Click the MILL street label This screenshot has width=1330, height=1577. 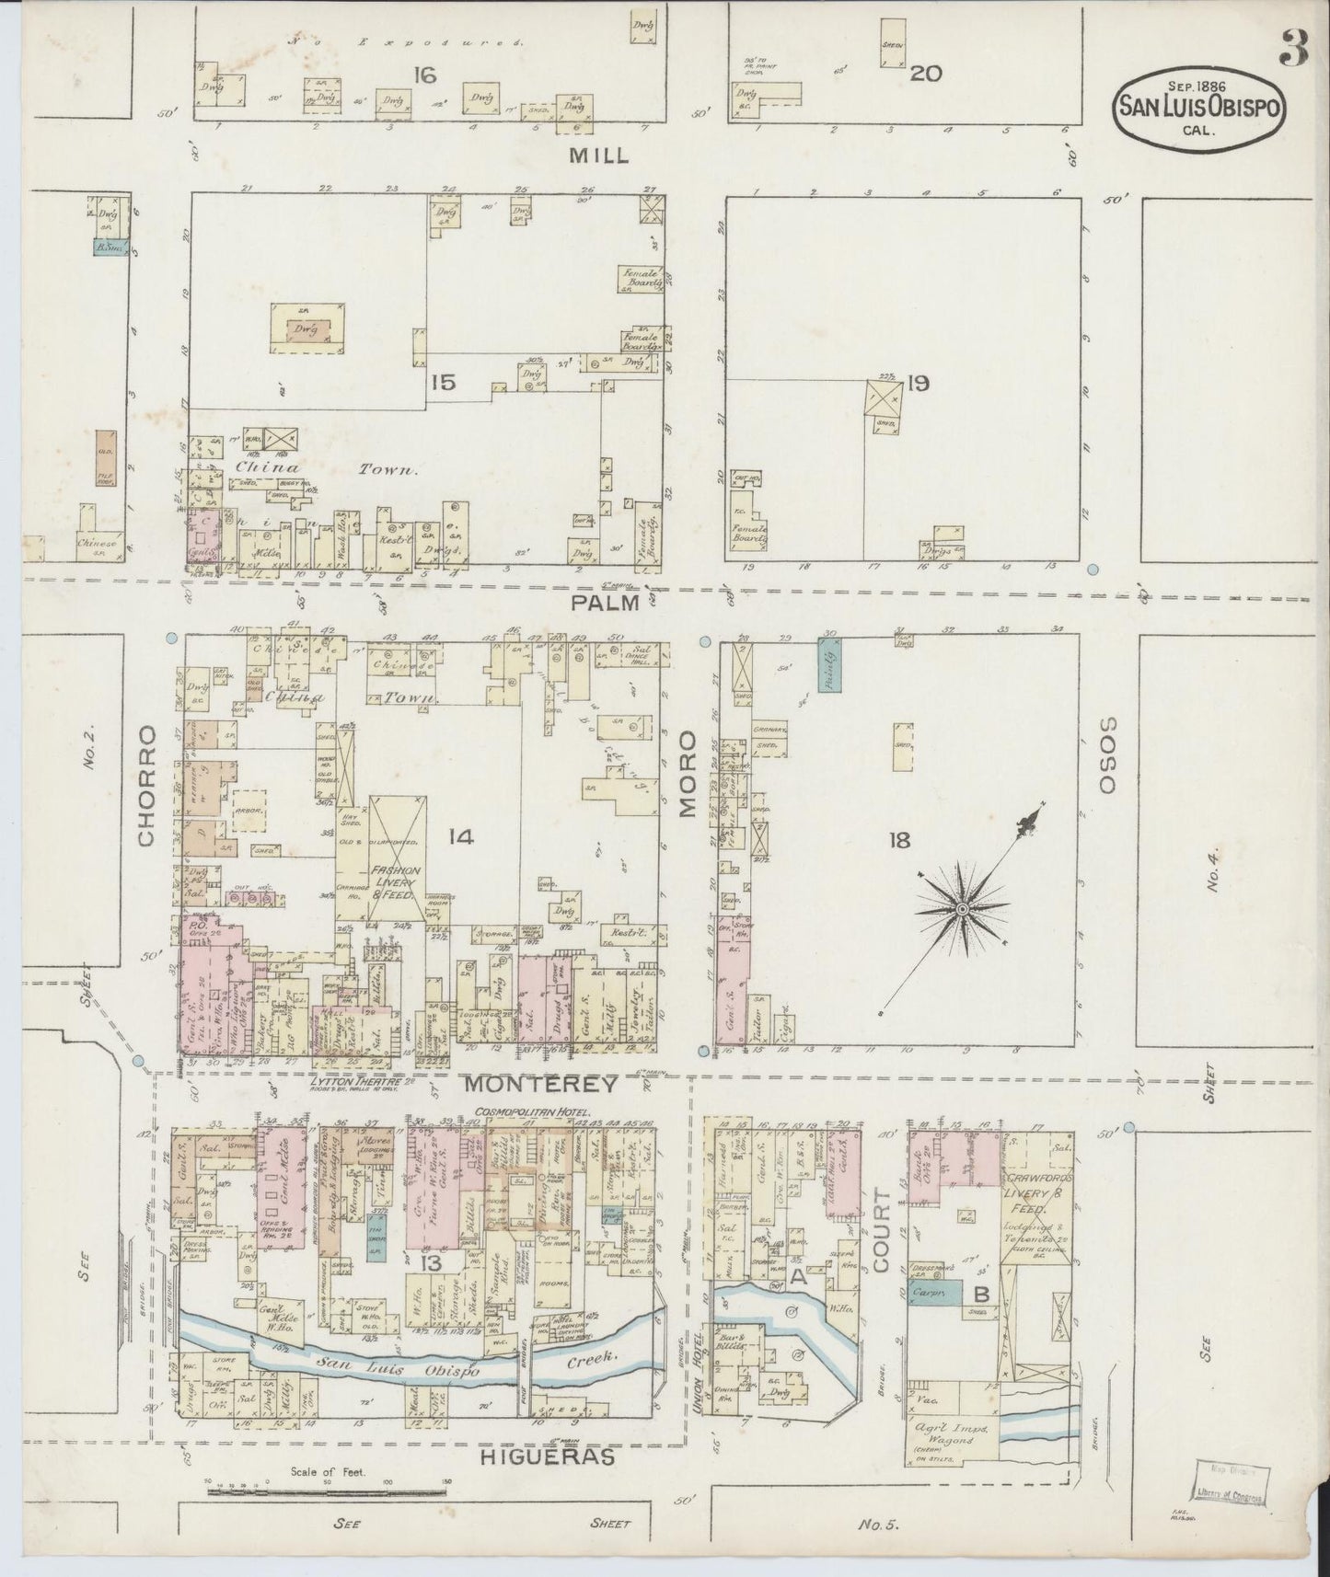pyautogui.click(x=598, y=155)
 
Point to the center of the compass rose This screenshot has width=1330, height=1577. pyautogui.click(x=962, y=909)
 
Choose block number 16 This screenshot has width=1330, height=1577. pyautogui.click(x=424, y=75)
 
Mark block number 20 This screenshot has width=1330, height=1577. pyautogui.click(x=925, y=75)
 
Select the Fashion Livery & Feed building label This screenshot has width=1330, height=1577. pyautogui.click(x=396, y=881)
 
